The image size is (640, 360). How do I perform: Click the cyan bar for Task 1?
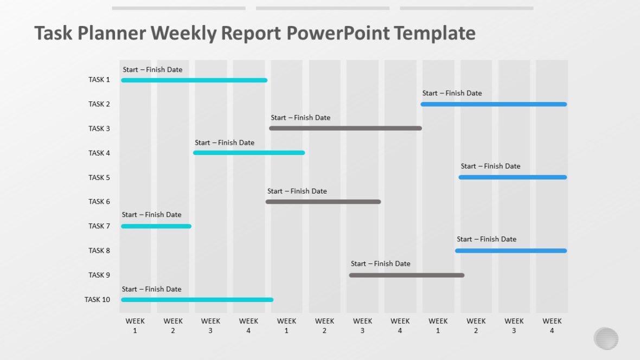pos(194,80)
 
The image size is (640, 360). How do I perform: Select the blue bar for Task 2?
pos(494,104)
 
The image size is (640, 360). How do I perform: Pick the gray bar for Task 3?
pos(345,128)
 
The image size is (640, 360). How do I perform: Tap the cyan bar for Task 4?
pos(249,153)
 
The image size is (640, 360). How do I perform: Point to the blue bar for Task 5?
pos(513,177)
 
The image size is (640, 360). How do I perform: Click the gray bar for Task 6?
pos(323,202)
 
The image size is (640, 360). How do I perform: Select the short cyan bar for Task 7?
pos(156,226)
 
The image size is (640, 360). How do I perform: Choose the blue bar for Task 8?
pos(511,250)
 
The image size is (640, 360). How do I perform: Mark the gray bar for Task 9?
pos(407,275)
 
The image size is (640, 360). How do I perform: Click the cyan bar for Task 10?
pos(197,299)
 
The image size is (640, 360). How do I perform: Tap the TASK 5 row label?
pos(99,177)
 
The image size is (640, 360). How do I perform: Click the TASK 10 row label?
pos(97,299)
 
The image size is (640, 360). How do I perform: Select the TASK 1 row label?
pos(99,80)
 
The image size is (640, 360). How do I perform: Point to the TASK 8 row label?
pos(99,250)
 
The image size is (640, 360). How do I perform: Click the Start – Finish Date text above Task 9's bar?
pos(380,263)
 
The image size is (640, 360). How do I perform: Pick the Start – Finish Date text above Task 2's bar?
pos(452,93)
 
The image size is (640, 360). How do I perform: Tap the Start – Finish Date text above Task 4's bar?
pos(225,143)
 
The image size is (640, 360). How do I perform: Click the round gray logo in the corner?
pos(606,338)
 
